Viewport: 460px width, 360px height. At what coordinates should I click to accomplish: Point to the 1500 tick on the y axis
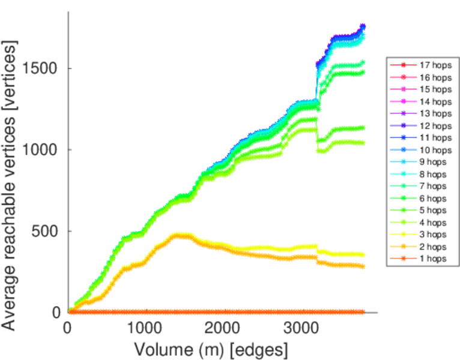tap(41, 68)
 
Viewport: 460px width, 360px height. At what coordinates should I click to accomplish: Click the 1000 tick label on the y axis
tap(41, 149)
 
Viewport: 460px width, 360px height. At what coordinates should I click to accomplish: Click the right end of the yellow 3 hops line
tap(363, 255)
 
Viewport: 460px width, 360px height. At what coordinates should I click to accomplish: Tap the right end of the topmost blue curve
tap(363, 26)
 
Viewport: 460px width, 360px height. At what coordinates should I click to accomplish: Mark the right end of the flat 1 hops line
tap(363, 312)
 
